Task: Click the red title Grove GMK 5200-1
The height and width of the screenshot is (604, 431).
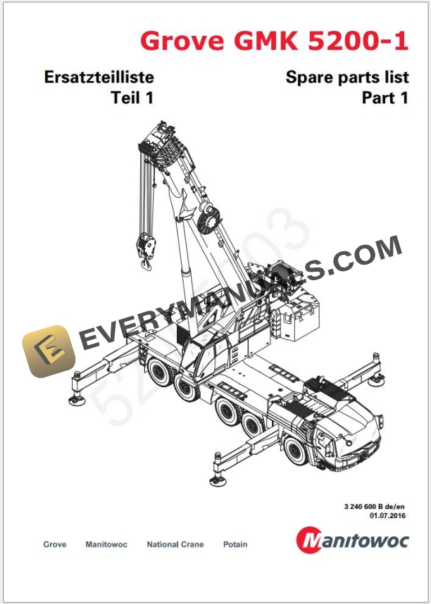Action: click(x=273, y=40)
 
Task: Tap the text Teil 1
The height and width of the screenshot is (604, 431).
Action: click(x=132, y=99)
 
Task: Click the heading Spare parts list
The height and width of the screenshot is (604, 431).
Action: click(x=346, y=77)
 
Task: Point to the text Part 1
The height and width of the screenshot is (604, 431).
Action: click(x=385, y=99)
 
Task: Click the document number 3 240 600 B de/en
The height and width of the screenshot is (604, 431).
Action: click(x=375, y=507)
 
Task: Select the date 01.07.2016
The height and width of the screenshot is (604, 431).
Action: click(x=388, y=516)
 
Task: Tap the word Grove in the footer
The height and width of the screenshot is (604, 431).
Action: click(x=55, y=545)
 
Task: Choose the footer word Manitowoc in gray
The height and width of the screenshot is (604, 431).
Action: click(x=106, y=545)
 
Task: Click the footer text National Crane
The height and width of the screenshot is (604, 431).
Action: click(x=175, y=545)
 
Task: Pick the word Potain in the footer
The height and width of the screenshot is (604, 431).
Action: click(x=235, y=545)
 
